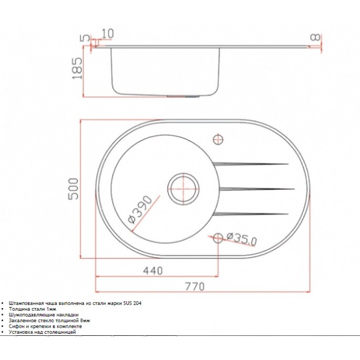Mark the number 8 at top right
pos(316,38)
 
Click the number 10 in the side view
pos(107,33)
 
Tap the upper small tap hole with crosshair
pos(218,139)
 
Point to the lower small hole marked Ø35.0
pos(218,237)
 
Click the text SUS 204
pos(132,303)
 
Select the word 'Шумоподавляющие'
pos(29,315)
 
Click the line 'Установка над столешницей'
pos(42,332)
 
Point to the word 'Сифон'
pos(15,326)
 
